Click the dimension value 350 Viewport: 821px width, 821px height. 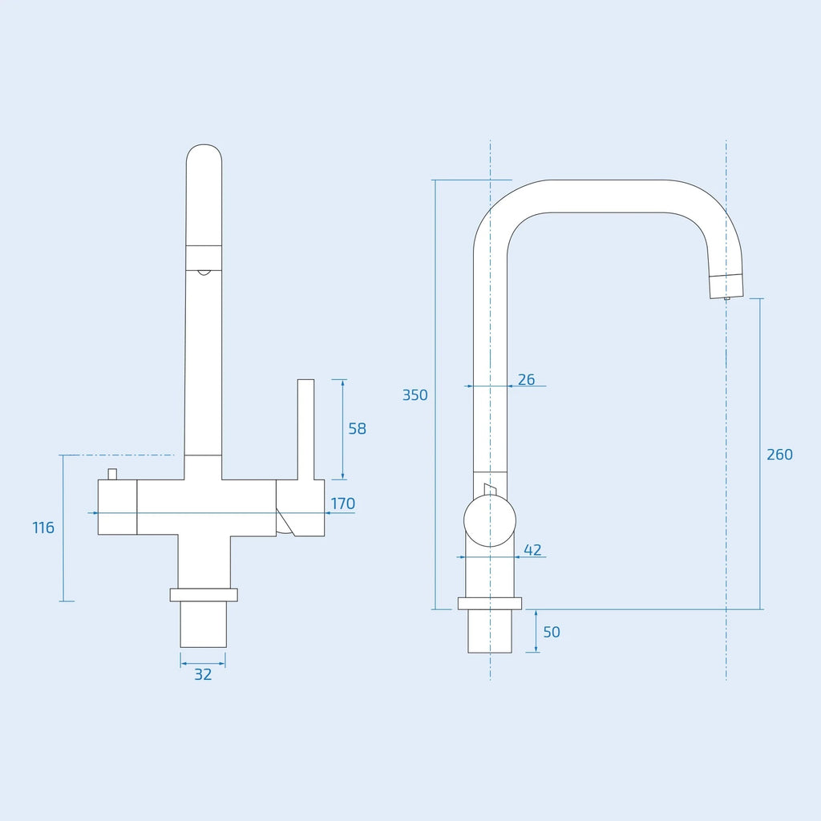pos(415,394)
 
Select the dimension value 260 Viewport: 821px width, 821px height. pos(779,455)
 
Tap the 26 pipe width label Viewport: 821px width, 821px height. pos(526,379)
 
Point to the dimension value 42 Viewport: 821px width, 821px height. pos(532,550)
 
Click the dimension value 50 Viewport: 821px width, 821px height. pos(552,632)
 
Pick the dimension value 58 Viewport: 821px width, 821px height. pos(357,429)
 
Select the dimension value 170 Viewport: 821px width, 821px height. pos(343,504)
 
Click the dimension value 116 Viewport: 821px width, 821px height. pos(43,528)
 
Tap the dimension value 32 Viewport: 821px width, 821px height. pos(203,674)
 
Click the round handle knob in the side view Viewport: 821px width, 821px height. pos(490,521)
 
